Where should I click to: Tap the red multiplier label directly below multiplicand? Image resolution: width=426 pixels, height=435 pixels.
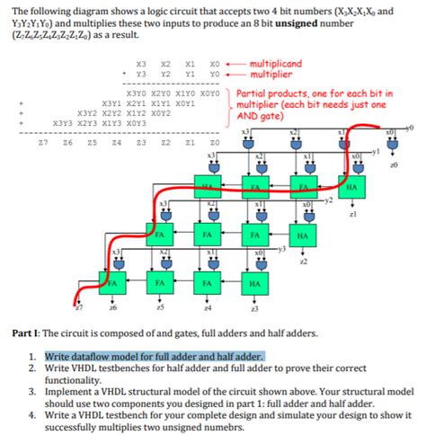[x=274, y=75]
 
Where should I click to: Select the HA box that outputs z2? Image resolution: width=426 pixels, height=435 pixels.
[x=303, y=235]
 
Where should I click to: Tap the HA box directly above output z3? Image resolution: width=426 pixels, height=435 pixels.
[x=254, y=283]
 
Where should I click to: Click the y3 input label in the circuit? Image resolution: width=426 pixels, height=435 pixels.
[x=280, y=249]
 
